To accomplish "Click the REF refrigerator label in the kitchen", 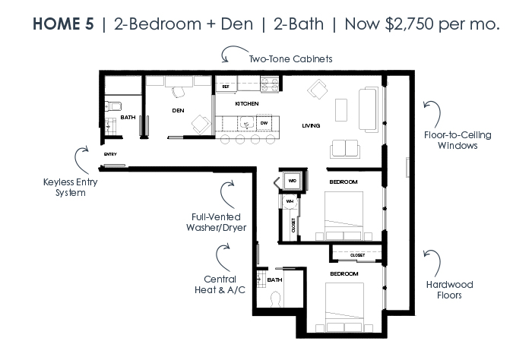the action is (226, 87).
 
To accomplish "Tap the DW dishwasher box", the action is (264, 123).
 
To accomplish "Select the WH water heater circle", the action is (290, 201).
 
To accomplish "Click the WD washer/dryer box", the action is (292, 181).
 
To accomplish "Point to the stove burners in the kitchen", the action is (270, 84).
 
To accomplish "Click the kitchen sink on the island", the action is (247, 122).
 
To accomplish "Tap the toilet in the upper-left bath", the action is (113, 106).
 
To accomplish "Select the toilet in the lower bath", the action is (275, 299).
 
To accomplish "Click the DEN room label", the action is (178, 111).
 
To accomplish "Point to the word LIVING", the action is (311, 126).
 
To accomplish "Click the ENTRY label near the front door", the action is (110, 154).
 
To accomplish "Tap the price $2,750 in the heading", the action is (409, 24).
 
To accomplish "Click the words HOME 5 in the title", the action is (63, 24).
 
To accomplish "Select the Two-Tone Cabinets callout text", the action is (291, 59).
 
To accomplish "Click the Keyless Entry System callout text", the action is (70, 188).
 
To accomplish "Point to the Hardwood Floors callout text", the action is (450, 290).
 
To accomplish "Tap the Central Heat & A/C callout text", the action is (220, 285).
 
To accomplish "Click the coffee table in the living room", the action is (341, 110).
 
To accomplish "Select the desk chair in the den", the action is (179, 92).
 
